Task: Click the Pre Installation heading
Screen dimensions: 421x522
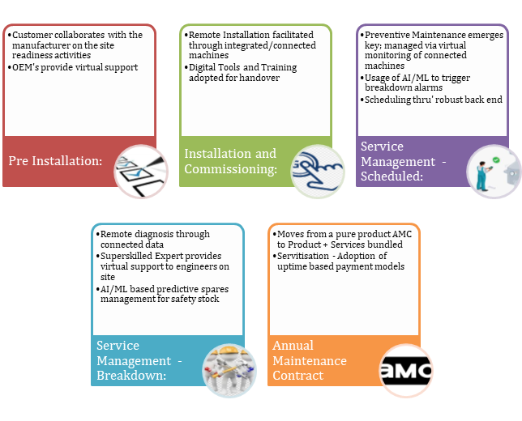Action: click(55, 161)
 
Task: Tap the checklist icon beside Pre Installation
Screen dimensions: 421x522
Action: click(140, 172)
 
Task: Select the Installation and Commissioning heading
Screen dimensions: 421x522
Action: click(230, 161)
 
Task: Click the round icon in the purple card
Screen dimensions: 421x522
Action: click(494, 172)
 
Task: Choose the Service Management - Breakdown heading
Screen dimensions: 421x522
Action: click(139, 360)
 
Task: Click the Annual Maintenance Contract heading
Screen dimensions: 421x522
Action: click(310, 360)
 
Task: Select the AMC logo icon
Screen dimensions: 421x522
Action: click(406, 371)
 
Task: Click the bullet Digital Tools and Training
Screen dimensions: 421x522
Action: click(242, 67)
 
